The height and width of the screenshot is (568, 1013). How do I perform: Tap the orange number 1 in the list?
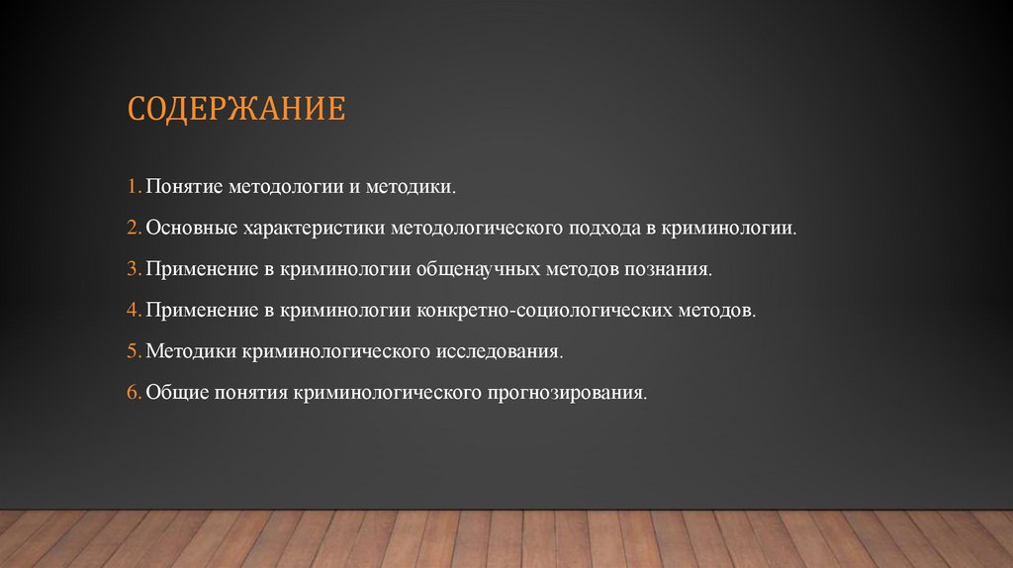pos(132,186)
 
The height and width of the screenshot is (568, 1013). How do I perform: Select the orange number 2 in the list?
pos(133,228)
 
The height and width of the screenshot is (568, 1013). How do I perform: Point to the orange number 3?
pos(133,268)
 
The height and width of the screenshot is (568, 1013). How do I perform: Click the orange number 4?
pos(133,310)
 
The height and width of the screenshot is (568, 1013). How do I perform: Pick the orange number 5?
pos(133,351)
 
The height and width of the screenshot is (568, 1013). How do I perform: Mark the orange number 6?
pos(133,393)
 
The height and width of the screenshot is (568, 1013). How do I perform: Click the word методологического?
pos(478,228)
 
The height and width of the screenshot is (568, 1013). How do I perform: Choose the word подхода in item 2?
pos(603,228)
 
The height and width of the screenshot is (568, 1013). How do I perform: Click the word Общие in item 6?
pos(174,393)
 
